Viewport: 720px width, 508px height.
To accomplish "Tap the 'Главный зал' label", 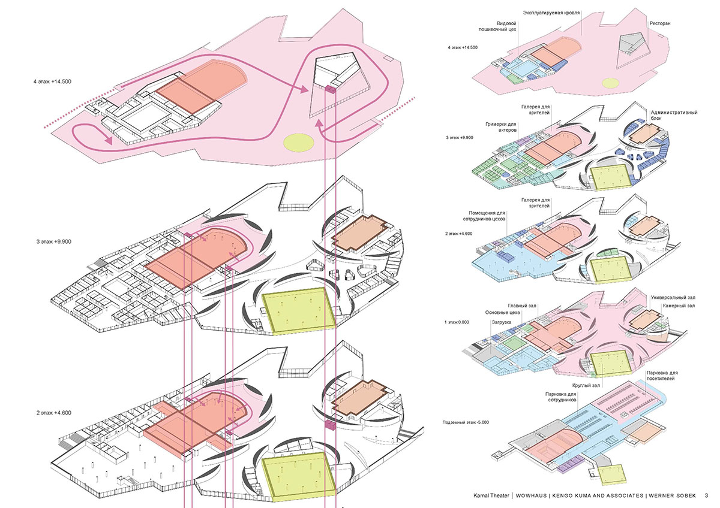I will pos(521,305).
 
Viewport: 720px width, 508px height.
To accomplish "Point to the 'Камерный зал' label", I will pos(679,306).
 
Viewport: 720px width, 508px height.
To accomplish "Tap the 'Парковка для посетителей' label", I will pos(670,377).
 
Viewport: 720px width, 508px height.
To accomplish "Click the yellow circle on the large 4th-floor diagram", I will pos(299,142).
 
